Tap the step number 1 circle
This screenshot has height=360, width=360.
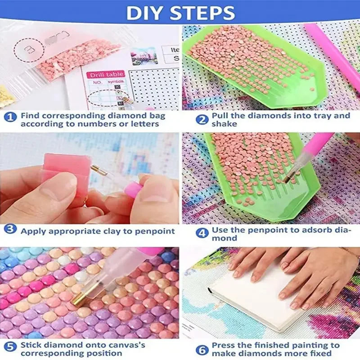10,118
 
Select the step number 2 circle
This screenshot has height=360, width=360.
203,119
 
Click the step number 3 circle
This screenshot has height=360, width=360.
10,230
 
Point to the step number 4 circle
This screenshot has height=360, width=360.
203,233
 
